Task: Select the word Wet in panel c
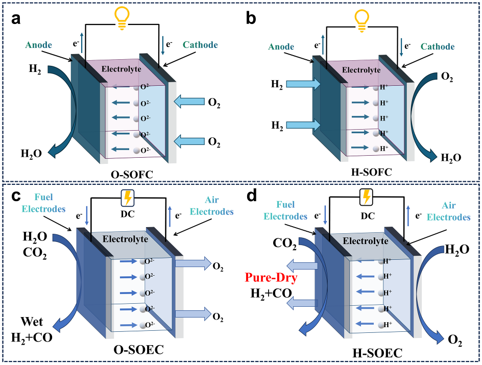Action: point(32,322)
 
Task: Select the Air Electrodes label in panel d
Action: point(450,211)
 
